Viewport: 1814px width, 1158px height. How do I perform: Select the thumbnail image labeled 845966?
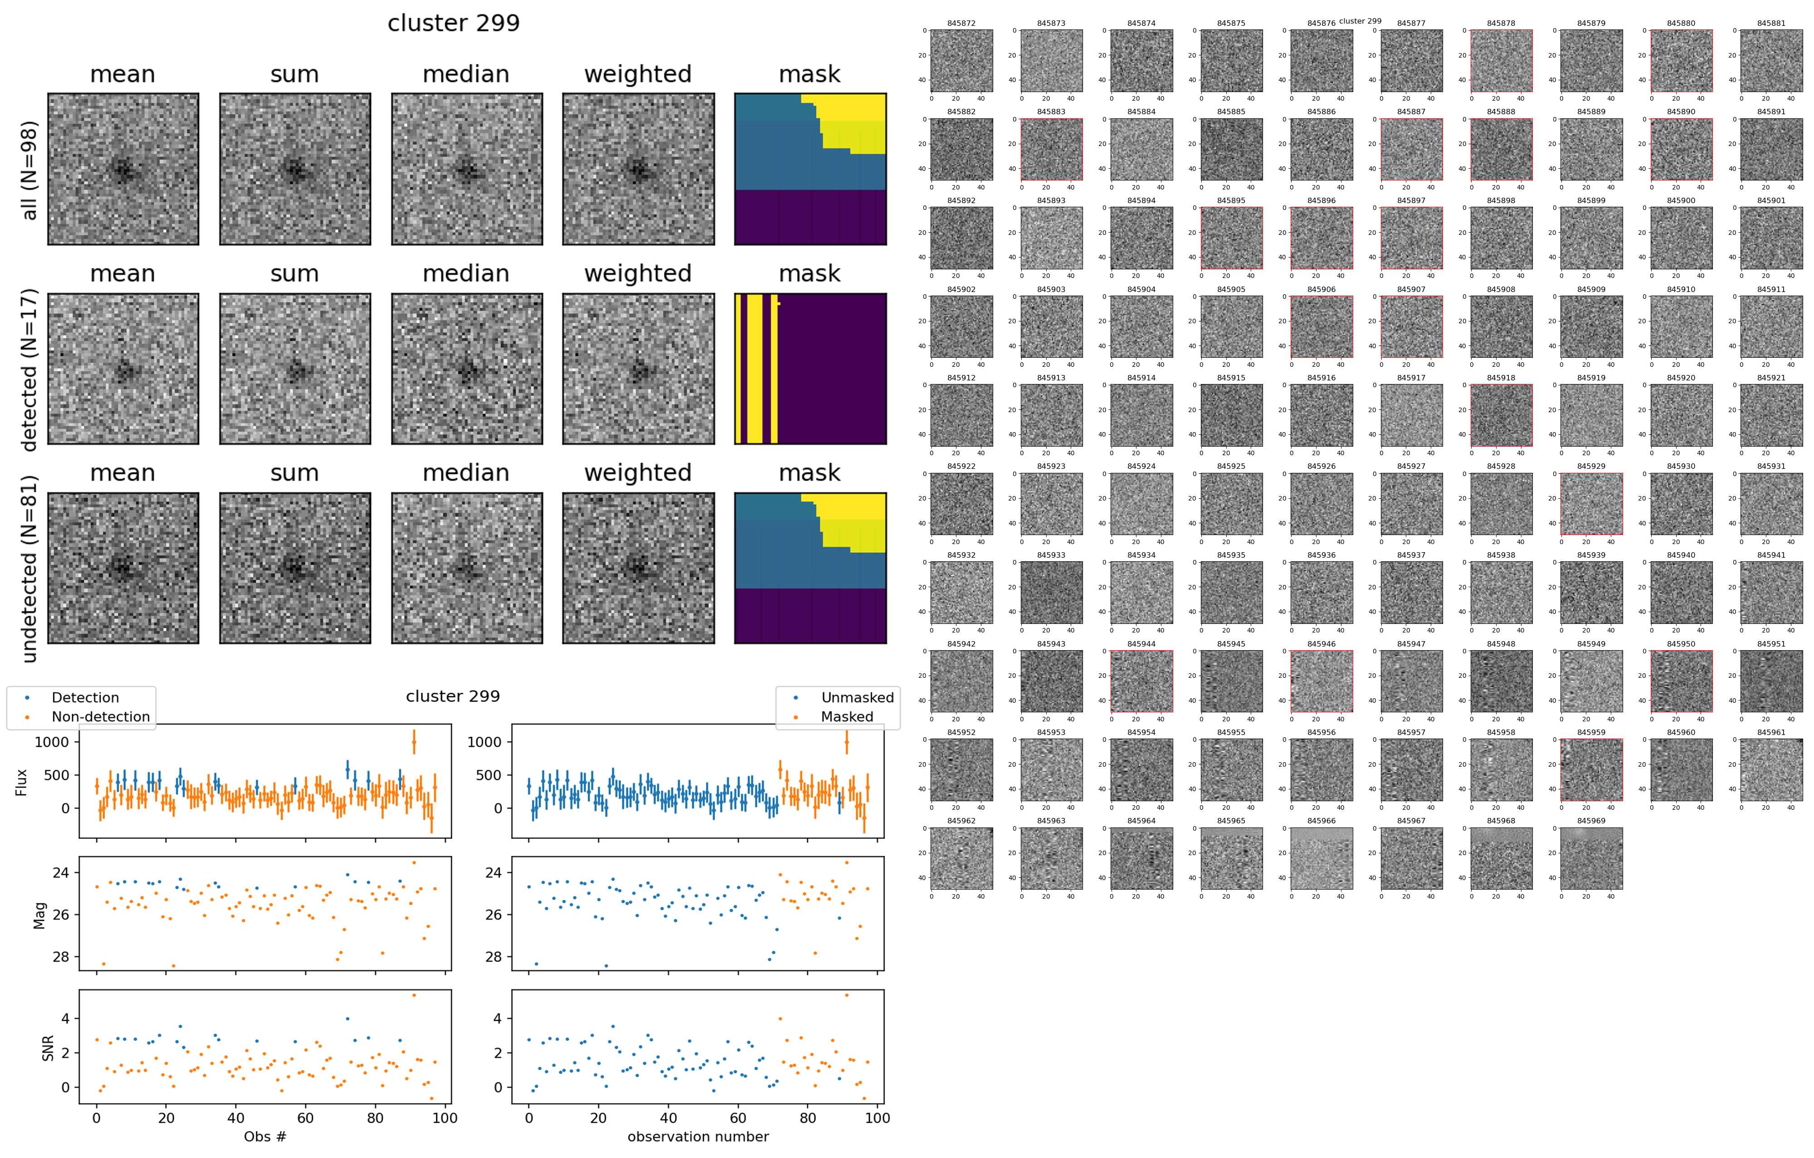[x=1321, y=858]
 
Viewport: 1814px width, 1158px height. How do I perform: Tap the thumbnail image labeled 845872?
[x=961, y=60]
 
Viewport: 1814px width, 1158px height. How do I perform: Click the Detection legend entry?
[x=84, y=698]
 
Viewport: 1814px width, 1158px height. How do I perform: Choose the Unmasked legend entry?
[x=857, y=698]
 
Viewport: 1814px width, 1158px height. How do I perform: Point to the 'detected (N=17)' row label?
[x=29, y=370]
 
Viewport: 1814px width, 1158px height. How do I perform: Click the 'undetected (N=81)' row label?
[x=29, y=569]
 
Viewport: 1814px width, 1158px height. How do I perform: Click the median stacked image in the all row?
[x=466, y=169]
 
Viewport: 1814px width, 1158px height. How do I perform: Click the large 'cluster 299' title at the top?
[x=453, y=23]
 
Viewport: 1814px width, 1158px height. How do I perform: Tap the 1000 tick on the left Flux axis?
[x=51, y=742]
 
